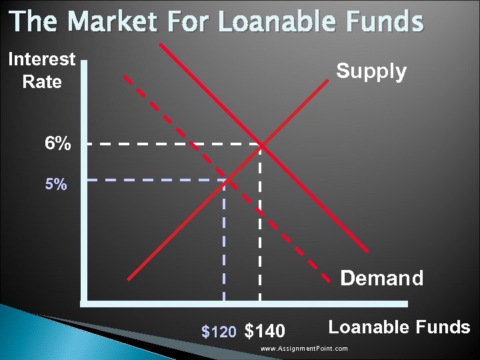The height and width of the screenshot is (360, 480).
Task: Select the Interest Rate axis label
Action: point(41,71)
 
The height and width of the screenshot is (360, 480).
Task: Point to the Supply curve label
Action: point(371,71)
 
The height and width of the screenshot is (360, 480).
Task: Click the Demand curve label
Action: point(381,277)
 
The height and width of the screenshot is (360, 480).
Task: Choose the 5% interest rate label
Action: point(55,185)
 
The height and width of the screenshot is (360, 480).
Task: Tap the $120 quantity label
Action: point(218,331)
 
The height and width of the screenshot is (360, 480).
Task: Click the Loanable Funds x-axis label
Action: point(399,327)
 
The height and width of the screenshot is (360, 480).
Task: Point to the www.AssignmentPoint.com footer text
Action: point(304,349)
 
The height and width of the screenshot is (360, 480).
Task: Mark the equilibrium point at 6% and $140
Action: point(261,145)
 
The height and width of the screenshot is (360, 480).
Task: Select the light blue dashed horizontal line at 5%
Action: point(153,179)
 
